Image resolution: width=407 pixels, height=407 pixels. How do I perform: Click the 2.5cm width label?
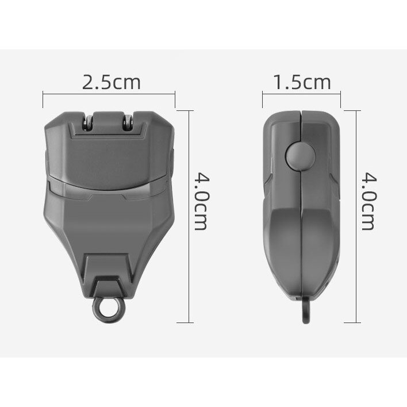coord(112,82)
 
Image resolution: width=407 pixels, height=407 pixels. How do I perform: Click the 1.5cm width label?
coord(302,82)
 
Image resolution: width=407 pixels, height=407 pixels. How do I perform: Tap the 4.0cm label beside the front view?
coord(201,201)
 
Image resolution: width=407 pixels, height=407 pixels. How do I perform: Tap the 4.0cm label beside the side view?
coord(369,201)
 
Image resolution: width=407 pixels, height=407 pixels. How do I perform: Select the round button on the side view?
coord(301,156)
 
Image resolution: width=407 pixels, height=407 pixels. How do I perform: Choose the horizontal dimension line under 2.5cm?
coord(109,94)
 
